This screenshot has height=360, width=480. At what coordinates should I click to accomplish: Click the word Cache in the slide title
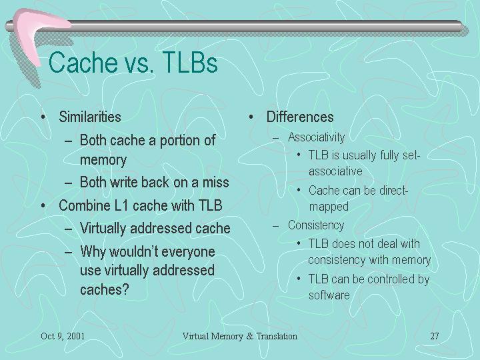[83, 63]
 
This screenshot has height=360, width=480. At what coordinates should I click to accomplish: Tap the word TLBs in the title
[190, 63]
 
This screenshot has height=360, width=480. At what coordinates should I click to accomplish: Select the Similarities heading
[90, 117]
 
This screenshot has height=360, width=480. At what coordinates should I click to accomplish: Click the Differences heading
[300, 117]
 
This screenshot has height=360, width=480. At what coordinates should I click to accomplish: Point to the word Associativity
[316, 137]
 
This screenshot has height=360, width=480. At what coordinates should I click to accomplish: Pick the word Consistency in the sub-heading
[316, 225]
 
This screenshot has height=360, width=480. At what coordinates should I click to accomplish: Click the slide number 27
[435, 336]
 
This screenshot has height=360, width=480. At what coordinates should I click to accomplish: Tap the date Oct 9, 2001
[63, 336]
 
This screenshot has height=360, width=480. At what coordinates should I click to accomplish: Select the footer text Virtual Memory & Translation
[240, 336]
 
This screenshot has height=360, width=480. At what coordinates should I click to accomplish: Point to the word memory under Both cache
[103, 161]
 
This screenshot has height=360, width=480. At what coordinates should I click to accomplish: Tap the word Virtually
[103, 229]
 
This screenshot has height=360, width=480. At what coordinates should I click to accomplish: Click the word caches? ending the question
[105, 289]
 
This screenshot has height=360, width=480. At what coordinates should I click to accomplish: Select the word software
[329, 295]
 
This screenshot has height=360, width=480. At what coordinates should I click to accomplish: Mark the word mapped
[329, 207]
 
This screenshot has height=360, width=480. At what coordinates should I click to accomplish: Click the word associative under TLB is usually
[335, 171]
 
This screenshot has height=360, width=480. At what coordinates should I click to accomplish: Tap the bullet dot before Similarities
[43, 117]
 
